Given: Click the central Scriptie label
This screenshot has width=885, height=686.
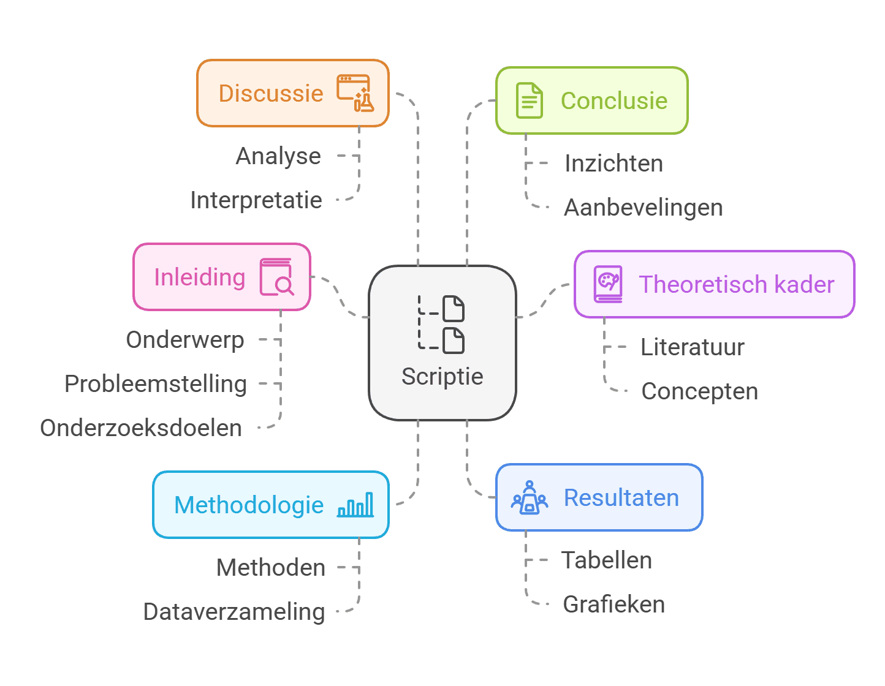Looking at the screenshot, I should click(x=442, y=377).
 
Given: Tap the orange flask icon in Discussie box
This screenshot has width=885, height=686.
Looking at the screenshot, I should click(x=355, y=93).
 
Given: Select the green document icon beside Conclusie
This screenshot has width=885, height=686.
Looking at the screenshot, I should click(x=529, y=100).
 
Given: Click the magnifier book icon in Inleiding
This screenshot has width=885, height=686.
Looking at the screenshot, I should click(x=276, y=277).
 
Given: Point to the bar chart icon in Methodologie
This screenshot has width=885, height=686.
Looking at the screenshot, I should click(x=355, y=505).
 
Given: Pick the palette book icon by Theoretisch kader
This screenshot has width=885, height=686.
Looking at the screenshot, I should click(x=608, y=284).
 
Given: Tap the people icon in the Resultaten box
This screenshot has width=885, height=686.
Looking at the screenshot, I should click(x=530, y=497).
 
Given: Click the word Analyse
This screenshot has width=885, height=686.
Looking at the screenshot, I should click(x=278, y=156).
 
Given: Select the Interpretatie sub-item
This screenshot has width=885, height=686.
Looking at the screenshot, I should click(x=256, y=200).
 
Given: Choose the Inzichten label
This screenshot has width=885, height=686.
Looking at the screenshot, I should click(x=613, y=164).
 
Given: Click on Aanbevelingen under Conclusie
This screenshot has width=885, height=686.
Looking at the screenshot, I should click(x=643, y=208).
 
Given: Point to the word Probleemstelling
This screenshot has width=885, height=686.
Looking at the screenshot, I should click(x=156, y=384).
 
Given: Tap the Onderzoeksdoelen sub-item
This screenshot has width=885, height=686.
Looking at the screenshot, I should click(x=141, y=428).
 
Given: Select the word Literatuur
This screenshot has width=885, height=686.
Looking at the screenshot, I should click(x=692, y=347).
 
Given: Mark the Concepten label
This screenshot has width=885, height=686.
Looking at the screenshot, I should click(x=699, y=391).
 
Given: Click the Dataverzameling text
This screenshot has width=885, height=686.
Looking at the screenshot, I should click(x=234, y=612).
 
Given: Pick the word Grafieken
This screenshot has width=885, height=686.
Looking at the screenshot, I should click(x=613, y=605).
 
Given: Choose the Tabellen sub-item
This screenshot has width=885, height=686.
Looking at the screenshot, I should click(x=606, y=560).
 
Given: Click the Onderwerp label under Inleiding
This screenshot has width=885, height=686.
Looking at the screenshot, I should click(x=185, y=340).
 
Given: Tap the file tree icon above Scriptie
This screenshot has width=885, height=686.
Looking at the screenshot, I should click(x=442, y=325).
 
